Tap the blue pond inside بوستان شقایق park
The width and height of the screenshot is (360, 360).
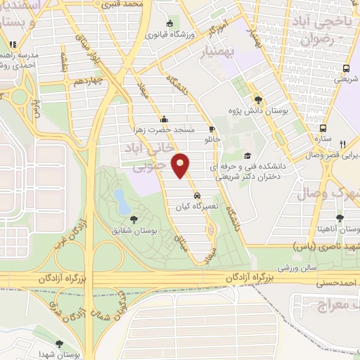tap(122, 202)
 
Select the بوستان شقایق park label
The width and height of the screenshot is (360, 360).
tap(136, 230)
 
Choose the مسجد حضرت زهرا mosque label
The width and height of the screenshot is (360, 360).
tap(164, 129)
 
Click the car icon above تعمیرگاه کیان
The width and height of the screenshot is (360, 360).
tap(198, 195)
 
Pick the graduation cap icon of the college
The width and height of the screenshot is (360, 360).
tap(246, 156)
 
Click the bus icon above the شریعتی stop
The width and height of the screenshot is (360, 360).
tap(345, 69)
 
